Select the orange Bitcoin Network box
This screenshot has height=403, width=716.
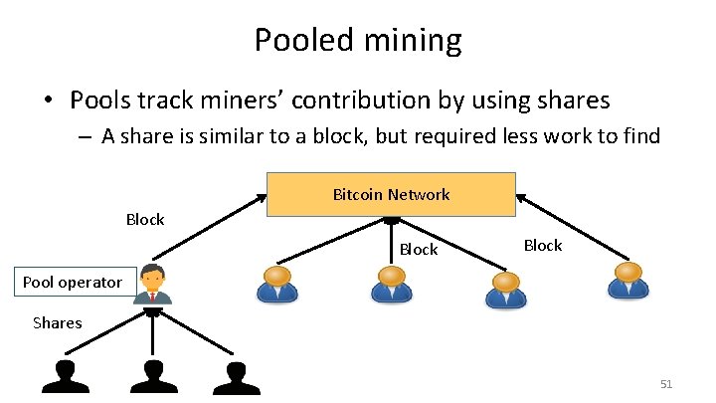391,194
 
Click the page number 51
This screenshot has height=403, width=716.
666,384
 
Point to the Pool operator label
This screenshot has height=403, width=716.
72,282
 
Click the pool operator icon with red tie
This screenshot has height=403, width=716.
153,285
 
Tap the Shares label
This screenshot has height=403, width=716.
58,322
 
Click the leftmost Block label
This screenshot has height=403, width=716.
145,219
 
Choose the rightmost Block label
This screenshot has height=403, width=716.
543,245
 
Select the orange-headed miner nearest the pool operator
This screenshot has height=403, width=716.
276,284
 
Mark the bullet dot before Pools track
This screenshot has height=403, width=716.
47,101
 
